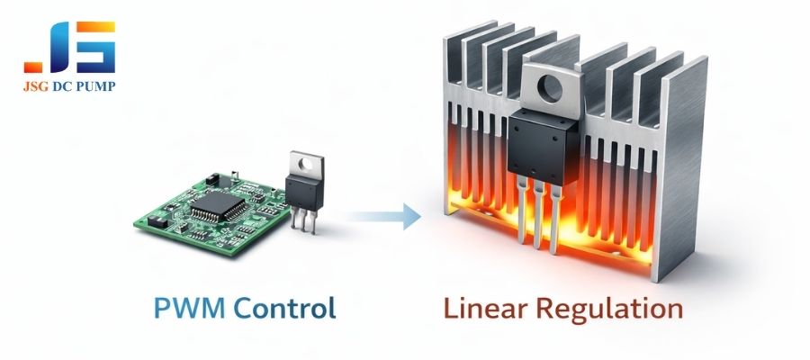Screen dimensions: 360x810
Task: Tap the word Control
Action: [284, 309]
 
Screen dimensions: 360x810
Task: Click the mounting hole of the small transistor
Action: [307, 164]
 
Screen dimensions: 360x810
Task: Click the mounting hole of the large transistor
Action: [549, 87]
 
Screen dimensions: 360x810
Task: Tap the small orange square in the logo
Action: [33, 67]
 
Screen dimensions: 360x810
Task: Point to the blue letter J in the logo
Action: [59, 49]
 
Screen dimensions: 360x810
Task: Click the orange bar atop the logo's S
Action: [97, 27]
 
